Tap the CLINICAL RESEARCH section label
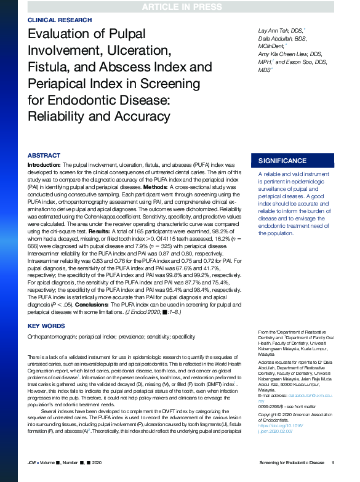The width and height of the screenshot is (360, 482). (57, 20)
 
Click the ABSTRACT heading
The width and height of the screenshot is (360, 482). (44, 156)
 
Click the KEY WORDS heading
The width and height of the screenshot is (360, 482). (46, 326)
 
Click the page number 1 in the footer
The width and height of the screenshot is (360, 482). (333, 462)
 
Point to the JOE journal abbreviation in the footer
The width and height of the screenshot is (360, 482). (33, 462)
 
